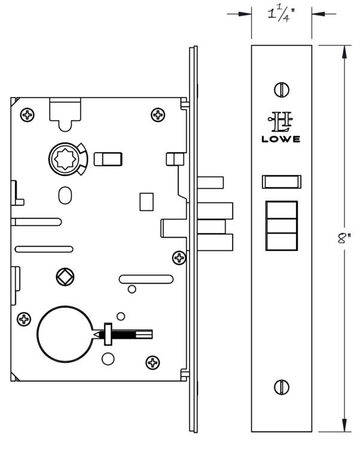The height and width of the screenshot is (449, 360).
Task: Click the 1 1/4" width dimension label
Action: click(281, 14)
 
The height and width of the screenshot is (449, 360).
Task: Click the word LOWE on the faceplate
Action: click(281, 139)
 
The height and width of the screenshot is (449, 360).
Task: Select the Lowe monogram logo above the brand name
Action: click(280, 122)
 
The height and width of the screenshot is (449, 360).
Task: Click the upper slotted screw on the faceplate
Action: click(282, 90)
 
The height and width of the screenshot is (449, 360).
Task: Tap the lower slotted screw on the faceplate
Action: click(282, 387)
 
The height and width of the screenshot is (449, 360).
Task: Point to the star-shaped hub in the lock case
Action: click(66, 159)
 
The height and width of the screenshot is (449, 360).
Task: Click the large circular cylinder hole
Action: click(65, 334)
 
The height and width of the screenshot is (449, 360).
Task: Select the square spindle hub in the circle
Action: click(65, 277)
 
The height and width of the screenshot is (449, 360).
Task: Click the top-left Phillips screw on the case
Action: click(28, 115)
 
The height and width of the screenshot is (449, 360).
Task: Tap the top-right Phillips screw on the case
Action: click(158, 115)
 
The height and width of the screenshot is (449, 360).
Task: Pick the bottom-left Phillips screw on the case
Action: click(24, 319)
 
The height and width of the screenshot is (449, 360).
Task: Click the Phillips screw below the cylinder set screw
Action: click(152, 363)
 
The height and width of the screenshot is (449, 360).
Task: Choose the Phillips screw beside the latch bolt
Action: click(179, 257)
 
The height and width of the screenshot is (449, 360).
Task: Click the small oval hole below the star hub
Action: click(65, 195)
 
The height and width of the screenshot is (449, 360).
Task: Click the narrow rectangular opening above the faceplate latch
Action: click(282, 181)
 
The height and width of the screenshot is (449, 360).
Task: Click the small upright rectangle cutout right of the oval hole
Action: click(147, 202)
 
